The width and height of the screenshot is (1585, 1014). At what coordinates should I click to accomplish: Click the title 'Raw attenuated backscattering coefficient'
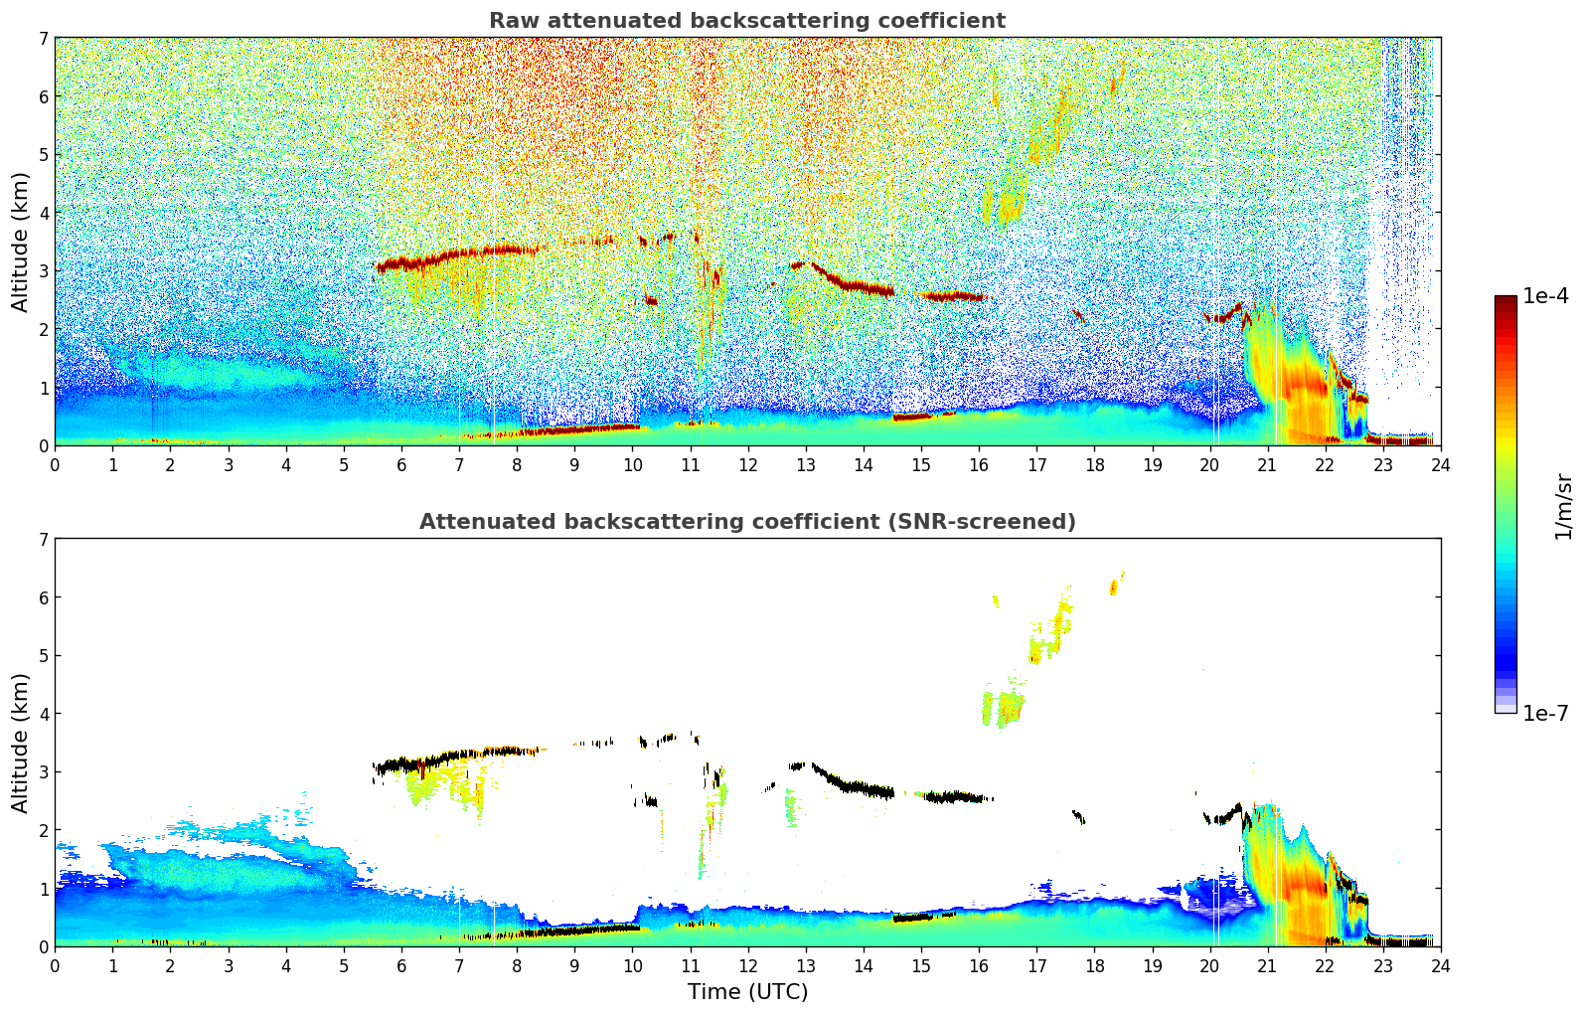(x=746, y=21)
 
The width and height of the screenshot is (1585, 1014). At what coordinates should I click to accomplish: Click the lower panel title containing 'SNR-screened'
(x=746, y=522)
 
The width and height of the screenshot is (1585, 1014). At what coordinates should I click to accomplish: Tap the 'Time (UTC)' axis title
(x=747, y=992)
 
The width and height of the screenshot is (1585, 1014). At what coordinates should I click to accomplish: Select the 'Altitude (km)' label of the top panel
(x=21, y=242)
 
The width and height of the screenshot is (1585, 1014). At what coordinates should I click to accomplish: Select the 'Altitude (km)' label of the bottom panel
(x=21, y=743)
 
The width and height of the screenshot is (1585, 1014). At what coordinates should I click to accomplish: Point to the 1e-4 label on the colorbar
(x=1545, y=296)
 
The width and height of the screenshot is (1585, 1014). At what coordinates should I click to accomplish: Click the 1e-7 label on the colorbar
(x=1545, y=714)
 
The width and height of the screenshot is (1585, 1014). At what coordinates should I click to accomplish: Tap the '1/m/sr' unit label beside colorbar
(x=1563, y=507)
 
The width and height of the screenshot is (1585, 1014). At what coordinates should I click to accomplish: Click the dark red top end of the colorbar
(x=1506, y=300)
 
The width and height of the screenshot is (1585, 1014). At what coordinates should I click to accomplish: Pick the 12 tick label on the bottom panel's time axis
(x=747, y=966)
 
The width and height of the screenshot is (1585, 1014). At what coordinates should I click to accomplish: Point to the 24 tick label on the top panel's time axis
(x=1440, y=465)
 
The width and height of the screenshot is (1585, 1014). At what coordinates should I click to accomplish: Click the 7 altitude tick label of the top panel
(x=44, y=39)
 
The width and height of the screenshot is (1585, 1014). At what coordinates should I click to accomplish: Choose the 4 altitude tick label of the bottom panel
(x=44, y=714)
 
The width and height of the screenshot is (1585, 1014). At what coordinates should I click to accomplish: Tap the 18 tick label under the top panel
(x=1094, y=465)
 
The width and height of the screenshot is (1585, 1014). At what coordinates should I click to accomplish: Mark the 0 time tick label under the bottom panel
(x=55, y=966)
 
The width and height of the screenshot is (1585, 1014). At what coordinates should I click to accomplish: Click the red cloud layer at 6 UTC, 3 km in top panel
(x=401, y=264)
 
